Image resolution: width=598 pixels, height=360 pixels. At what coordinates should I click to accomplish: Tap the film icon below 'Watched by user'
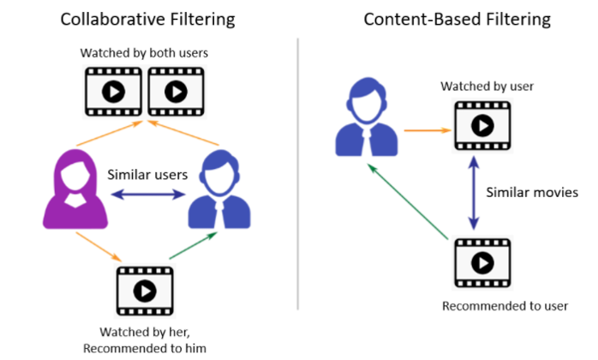click(481, 127)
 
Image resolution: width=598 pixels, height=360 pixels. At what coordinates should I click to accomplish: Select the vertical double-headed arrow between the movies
click(471, 195)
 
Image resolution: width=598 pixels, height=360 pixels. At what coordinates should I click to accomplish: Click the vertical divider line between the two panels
click(297, 171)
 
